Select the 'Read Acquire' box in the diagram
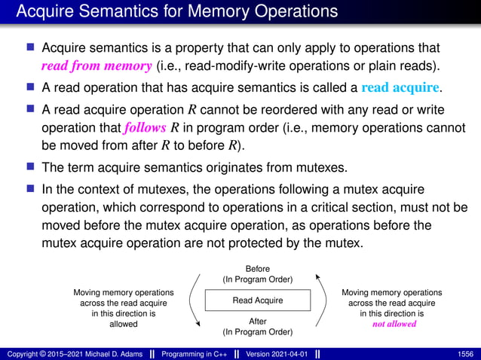coord(258,300)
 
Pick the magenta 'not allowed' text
coord(394,324)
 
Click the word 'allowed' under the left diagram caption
coord(123,324)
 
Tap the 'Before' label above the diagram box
coord(258,269)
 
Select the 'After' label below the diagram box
coord(258,322)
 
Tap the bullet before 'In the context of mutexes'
coord(31,188)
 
